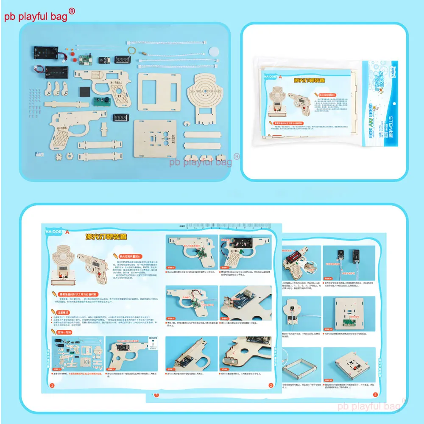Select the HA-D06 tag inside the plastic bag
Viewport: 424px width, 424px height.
(269, 77)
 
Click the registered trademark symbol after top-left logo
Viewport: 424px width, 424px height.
(72, 11)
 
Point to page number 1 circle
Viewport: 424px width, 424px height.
(52, 385)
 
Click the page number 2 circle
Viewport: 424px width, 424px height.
(271, 385)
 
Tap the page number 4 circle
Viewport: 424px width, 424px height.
(375, 394)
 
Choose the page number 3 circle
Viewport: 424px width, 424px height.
(156, 395)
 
